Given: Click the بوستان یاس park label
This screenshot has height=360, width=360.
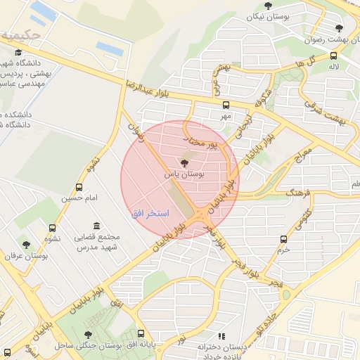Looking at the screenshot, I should (184, 173).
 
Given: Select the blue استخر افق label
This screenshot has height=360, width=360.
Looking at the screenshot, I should (148, 212).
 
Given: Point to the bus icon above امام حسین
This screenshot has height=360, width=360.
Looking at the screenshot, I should (79, 188).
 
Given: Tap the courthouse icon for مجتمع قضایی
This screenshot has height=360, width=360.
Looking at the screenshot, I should (96, 226).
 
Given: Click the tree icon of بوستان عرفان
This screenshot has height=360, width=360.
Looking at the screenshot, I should (27, 245).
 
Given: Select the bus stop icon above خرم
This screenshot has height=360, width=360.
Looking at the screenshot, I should (283, 240).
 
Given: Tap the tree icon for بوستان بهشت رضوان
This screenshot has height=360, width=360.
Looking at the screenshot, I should (339, 29).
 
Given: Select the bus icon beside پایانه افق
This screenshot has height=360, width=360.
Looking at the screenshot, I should (141, 334).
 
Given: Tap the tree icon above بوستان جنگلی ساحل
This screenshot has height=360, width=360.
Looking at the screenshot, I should (88, 335).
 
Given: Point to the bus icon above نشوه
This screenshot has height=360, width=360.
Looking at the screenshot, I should (52, 228).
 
